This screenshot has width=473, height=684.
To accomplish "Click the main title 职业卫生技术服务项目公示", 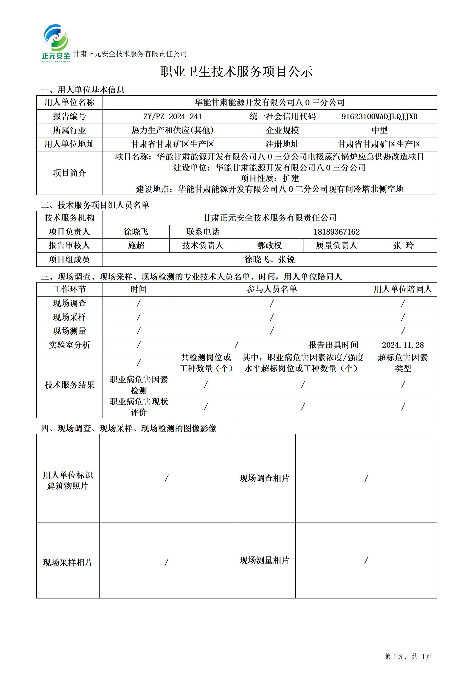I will [x=236, y=72].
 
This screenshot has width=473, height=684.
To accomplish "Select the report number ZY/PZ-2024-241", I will [x=173, y=117].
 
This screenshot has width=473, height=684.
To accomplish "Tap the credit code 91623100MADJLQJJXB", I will [x=379, y=117].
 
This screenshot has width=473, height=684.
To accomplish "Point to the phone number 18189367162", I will [x=336, y=232].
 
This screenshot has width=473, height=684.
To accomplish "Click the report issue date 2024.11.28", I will [x=403, y=345].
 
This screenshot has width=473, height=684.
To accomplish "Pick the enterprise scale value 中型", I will [x=379, y=130].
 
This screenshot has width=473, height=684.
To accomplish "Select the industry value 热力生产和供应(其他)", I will [x=173, y=130].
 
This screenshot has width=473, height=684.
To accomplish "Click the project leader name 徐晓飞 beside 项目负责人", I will [x=136, y=232].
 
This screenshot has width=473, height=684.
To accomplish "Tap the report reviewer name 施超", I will [x=136, y=246].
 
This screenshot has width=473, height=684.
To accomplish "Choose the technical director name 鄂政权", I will [x=269, y=246].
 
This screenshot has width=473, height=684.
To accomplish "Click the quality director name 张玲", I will [x=403, y=246].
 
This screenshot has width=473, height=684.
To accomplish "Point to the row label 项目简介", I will [x=69, y=173].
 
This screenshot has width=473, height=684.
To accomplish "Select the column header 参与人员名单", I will [x=272, y=289].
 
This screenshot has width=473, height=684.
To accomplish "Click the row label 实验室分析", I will [x=69, y=345].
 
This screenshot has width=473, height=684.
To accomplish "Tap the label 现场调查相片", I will [x=264, y=478].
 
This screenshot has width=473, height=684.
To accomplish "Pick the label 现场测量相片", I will [x=264, y=560].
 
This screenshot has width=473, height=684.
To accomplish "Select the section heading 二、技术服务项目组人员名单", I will [x=95, y=205].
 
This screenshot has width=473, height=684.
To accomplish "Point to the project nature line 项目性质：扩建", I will [x=269, y=178].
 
